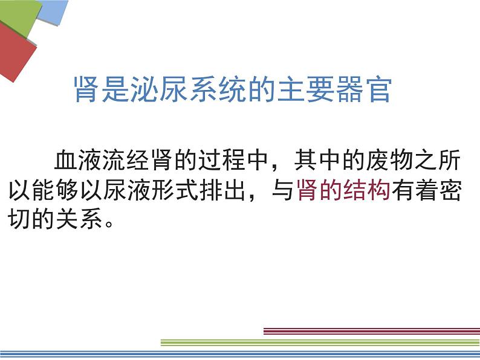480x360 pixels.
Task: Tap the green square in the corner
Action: [x=18, y=15]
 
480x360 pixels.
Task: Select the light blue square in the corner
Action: [x=53, y=11]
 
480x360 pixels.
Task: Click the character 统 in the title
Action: [x=233, y=89]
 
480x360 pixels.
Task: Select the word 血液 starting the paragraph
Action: [x=78, y=159]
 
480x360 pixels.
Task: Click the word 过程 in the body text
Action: [x=222, y=159]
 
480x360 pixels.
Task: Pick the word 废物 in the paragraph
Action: [x=390, y=159]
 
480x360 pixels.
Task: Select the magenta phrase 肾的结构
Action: [x=343, y=190]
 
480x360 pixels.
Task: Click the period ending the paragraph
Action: [x=109, y=223]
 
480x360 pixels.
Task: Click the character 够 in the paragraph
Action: [x=66, y=190]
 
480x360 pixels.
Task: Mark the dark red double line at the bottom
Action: [x=372, y=331]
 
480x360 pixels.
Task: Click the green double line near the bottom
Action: [x=320, y=342]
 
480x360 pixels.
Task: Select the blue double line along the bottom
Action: [x=240, y=354]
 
